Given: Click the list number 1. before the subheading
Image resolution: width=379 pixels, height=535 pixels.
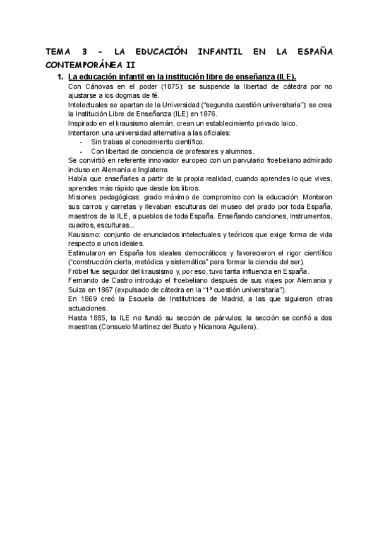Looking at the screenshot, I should click(x=60, y=76).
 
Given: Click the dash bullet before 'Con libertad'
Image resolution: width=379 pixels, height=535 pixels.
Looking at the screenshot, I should click(x=81, y=151).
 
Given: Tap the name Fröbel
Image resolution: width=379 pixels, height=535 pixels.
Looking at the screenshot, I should click(x=78, y=271).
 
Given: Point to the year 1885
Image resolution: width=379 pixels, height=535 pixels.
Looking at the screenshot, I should click(x=99, y=318).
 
